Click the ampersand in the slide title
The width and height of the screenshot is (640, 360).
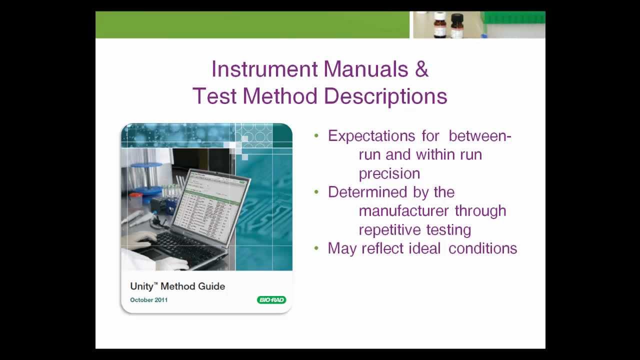click(x=421, y=69)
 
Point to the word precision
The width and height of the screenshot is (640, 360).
click(x=389, y=173)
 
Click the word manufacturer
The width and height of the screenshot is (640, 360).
click(x=404, y=211)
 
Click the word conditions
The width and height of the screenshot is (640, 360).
click(x=482, y=248)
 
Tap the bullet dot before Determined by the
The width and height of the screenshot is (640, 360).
click(x=316, y=192)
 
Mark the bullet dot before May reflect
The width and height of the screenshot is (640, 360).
click(x=316, y=248)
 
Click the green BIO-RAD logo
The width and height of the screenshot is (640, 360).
click(x=271, y=300)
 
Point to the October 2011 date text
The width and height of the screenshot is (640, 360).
click(x=148, y=300)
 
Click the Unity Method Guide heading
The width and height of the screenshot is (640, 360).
click(x=177, y=286)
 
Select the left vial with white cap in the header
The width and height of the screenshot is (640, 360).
click(x=439, y=24)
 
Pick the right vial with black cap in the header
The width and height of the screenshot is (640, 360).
click(x=457, y=25)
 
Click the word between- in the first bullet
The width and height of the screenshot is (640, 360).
click(x=479, y=136)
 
